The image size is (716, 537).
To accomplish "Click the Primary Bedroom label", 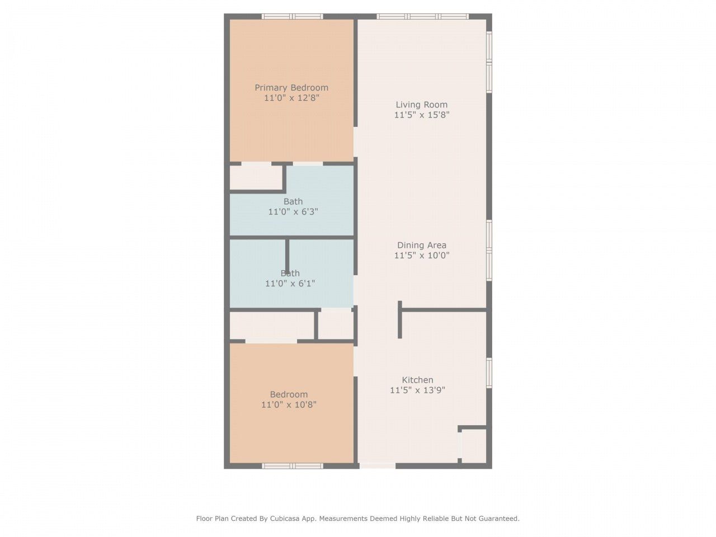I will click(x=291, y=88).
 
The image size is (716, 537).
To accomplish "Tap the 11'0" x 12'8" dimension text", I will click(x=291, y=98).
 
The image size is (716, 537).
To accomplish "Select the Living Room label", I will click(x=422, y=105).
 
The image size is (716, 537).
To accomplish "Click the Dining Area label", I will click(x=422, y=245).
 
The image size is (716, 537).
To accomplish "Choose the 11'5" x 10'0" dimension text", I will click(x=422, y=256).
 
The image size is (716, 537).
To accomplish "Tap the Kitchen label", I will click(x=417, y=380).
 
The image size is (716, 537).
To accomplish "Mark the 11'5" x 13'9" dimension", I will click(x=417, y=390).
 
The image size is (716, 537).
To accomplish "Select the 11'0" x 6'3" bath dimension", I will click(x=293, y=212).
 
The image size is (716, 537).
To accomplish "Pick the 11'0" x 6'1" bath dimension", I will click(x=290, y=284).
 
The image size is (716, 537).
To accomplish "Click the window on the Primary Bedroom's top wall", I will click(x=293, y=17).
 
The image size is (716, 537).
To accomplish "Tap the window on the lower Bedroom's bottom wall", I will click(x=293, y=465).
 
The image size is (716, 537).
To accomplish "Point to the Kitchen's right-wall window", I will click(x=489, y=373).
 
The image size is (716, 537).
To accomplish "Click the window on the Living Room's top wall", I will click(x=423, y=17).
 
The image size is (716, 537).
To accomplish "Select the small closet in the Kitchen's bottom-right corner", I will click(x=473, y=446).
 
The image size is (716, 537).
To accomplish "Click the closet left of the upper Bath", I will click(x=256, y=178).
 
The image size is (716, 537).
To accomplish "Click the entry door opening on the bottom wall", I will click(x=377, y=465).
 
